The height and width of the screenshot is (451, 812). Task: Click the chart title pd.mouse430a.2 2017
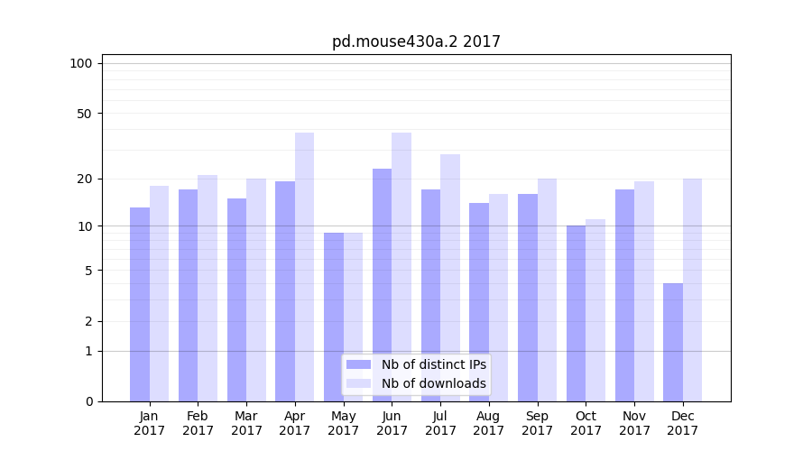[416, 41]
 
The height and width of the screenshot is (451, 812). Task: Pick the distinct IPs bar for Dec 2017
[673, 342]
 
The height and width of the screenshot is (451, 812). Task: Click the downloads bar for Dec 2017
[692, 290]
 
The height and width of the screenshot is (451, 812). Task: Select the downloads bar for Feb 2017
[208, 288]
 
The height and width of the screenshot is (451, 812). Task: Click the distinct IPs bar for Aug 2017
[479, 302]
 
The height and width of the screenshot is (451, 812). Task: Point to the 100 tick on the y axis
[81, 63]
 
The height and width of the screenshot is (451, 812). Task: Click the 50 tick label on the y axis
[85, 114]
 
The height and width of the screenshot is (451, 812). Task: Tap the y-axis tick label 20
[85, 179]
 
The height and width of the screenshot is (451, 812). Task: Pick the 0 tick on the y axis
[88, 401]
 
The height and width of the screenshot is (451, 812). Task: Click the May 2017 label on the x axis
[344, 423]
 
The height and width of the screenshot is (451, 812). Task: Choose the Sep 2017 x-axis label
[538, 423]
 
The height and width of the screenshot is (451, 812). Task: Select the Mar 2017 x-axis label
[246, 423]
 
